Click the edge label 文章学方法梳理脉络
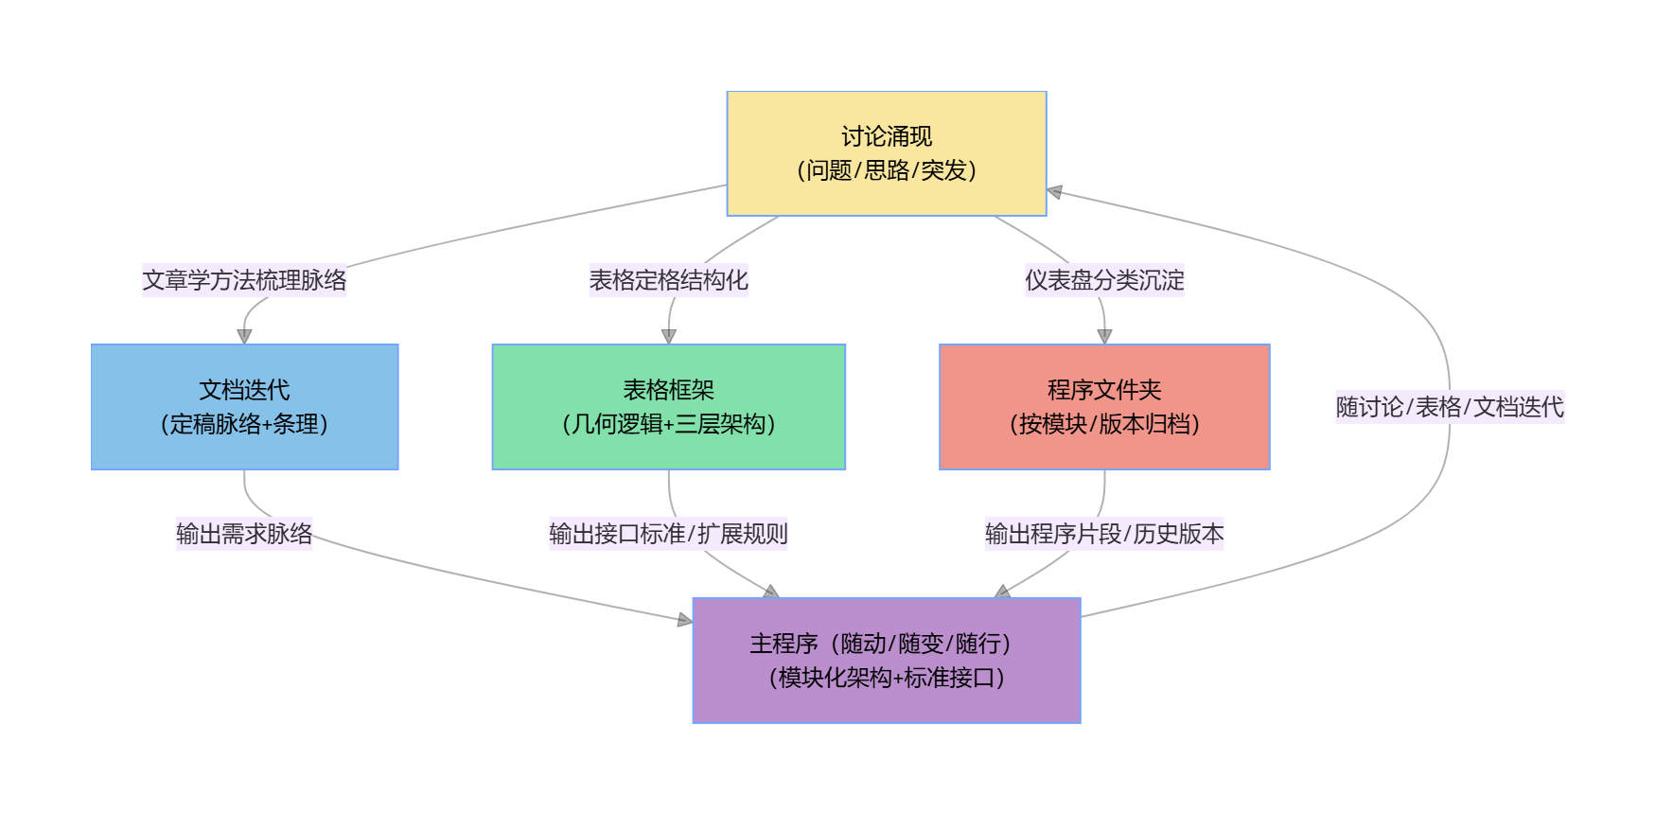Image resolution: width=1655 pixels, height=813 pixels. coord(244,280)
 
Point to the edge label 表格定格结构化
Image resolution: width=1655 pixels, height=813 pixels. coord(668,280)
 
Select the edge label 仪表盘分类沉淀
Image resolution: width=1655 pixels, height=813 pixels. coord(1104,280)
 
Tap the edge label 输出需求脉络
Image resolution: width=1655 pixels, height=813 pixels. coord(244,534)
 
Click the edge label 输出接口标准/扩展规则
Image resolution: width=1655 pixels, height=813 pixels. coord(668,534)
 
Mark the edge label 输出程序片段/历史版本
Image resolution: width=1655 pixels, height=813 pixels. coord(1104,534)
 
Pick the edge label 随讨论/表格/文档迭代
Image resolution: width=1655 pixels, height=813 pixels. coord(1450,407)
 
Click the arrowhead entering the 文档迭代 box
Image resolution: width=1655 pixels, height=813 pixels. coord(244,336)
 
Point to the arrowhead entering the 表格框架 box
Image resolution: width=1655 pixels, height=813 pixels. coord(669,336)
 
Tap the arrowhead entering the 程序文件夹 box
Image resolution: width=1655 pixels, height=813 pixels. coord(1104,336)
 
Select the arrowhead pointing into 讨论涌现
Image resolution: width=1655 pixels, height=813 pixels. coord(1055,192)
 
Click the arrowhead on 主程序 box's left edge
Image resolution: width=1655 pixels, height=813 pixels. coord(685,620)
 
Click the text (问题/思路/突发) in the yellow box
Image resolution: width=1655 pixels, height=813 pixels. coord(886,170)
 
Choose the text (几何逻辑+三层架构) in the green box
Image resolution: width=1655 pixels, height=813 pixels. coord(668,424)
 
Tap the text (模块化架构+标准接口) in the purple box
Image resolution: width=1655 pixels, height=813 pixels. coord(886,678)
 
